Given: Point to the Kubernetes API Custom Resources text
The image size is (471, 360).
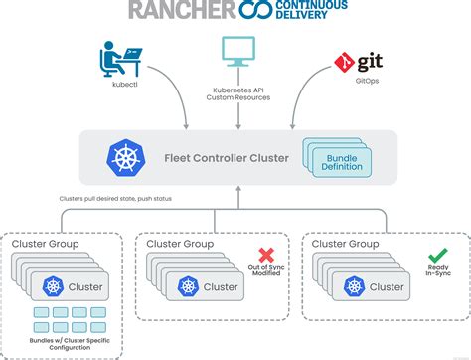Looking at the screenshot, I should point(236,92).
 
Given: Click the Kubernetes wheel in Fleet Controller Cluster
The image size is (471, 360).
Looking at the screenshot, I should point(124,157).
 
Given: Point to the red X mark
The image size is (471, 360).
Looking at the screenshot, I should point(266,256).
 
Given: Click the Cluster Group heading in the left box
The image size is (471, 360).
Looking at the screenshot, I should point(46,243).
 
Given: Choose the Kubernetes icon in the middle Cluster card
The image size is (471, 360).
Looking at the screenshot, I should point(187,287).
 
